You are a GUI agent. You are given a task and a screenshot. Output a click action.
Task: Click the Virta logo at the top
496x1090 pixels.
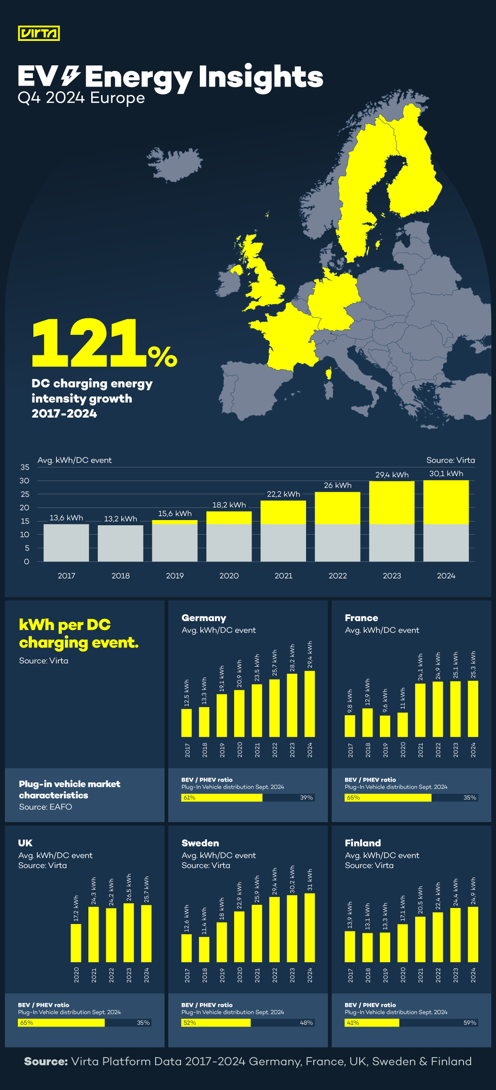(x=39, y=33)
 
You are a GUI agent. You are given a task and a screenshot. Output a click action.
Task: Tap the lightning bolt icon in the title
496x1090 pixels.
(x=71, y=76)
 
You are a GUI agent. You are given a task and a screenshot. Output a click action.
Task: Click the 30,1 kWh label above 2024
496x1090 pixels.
(x=446, y=474)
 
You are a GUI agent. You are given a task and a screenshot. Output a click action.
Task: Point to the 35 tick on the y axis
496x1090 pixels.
(x=25, y=467)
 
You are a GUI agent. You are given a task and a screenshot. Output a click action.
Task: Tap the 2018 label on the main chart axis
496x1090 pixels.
(x=120, y=576)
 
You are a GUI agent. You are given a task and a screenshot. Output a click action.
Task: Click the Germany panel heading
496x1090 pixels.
(x=204, y=618)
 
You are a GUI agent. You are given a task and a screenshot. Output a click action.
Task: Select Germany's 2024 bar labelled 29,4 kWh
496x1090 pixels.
(x=309, y=703)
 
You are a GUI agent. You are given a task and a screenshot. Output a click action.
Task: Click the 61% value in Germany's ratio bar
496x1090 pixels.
(x=189, y=798)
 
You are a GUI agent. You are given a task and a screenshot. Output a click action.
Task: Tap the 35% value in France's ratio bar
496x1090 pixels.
(x=470, y=798)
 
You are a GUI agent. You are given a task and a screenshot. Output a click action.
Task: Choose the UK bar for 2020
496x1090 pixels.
(x=76, y=943)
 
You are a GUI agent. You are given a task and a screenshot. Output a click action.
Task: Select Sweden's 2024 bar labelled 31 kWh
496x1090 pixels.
(x=309, y=927)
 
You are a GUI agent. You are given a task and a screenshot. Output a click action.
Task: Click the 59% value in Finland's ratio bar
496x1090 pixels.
(x=470, y=1023)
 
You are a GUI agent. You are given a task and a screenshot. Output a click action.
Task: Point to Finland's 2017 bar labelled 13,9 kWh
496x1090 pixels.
(x=350, y=946)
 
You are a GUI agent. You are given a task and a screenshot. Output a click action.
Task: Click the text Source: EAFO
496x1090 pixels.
(x=46, y=807)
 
